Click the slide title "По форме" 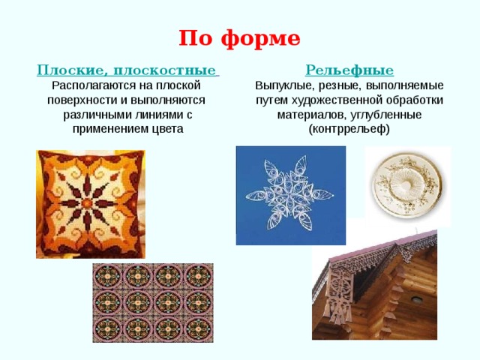pyautogui.click(x=239, y=38)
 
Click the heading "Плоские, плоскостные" pyautogui.click(x=127, y=70)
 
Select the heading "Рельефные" pyautogui.click(x=349, y=70)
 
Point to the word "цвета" pyautogui.click(x=166, y=128)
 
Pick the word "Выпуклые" pyautogui.click(x=281, y=85)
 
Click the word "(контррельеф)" pyautogui.click(x=349, y=128)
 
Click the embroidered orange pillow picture pyautogui.click(x=91, y=203)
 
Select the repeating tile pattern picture pyautogui.click(x=152, y=302)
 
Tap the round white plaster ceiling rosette pyautogui.click(x=406, y=184)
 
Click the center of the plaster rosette pyautogui.click(x=406, y=183)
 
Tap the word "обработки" pyautogui.click(x=418, y=100)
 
